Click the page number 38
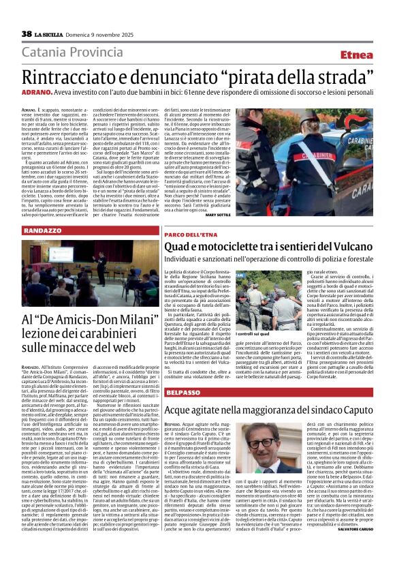[27, 34]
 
